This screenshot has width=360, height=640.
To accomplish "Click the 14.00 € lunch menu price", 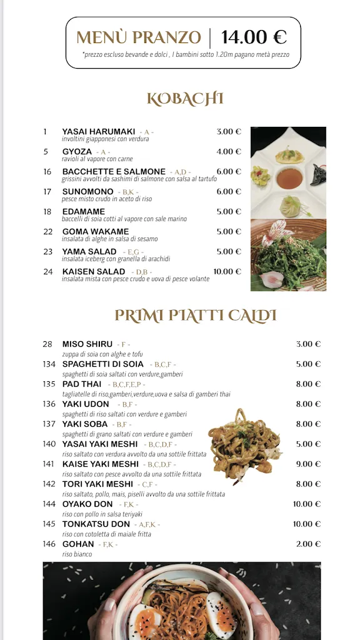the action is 254,37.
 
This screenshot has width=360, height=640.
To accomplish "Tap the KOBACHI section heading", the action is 185,99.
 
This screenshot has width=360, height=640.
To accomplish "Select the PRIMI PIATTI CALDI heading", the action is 195,316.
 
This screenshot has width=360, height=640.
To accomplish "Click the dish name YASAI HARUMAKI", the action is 99,131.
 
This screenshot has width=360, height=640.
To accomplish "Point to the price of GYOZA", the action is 229,151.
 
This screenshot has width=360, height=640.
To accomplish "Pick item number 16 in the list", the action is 47,171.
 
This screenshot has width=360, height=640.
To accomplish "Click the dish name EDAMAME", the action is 84,211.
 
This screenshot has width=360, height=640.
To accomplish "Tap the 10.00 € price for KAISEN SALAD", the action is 227,271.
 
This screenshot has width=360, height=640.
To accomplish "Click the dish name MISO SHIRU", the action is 87,344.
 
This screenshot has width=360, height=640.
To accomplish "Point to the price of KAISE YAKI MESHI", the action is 308,464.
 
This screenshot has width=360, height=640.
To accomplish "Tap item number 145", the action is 49,524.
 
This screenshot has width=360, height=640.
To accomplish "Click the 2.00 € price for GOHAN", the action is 308,544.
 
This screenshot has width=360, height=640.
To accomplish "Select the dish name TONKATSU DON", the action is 96,524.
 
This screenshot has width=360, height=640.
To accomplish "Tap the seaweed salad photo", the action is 288,255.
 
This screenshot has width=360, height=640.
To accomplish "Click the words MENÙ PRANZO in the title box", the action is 139,37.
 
